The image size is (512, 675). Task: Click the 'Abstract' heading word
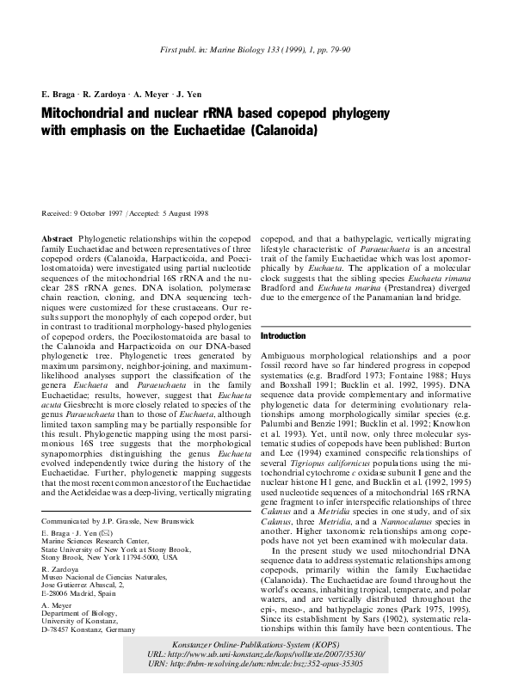point(58,235)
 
